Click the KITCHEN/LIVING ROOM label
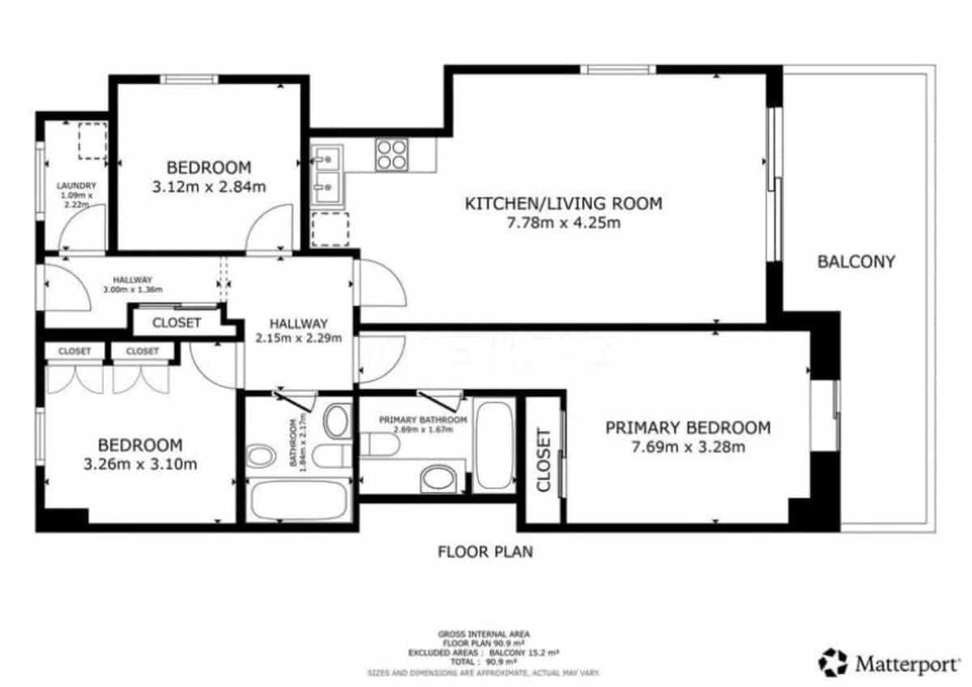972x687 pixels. (x=563, y=203)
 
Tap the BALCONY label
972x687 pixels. (x=856, y=262)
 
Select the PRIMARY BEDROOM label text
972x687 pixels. (x=687, y=428)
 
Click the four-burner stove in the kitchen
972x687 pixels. (x=391, y=154)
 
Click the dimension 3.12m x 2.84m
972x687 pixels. (x=209, y=186)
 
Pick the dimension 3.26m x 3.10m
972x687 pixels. (x=140, y=464)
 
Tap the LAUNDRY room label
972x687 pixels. (x=76, y=186)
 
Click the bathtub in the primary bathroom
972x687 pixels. (x=493, y=444)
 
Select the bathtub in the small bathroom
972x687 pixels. (x=298, y=500)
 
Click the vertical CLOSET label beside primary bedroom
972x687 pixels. (x=544, y=460)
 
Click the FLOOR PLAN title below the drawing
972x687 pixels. (x=485, y=553)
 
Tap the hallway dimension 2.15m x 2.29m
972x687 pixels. (x=298, y=339)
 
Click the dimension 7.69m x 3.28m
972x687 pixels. (x=688, y=446)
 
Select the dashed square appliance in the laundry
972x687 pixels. (x=92, y=141)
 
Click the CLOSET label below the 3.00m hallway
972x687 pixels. (x=177, y=322)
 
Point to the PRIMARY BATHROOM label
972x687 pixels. (x=424, y=420)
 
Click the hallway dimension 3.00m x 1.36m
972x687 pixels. (x=133, y=289)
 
